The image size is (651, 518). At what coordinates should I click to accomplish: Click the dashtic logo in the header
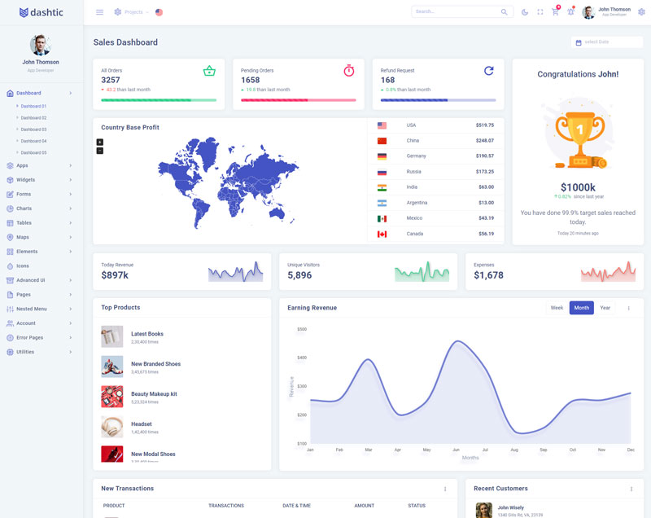pos(42,12)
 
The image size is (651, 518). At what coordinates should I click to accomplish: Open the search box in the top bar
pos(456,12)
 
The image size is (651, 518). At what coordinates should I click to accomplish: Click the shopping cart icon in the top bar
pos(555,12)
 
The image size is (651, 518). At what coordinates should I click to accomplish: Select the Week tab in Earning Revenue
pos(557,308)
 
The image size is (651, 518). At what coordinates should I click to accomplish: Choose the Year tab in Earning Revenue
pos(605,308)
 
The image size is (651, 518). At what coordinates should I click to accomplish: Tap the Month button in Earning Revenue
pos(581,308)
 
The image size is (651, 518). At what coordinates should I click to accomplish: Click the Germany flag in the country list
pos(382,156)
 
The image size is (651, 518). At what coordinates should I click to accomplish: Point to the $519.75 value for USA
pos(485,125)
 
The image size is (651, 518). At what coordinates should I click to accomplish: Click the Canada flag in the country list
pos(382,234)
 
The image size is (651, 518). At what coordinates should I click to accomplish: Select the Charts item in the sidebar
pos(24,209)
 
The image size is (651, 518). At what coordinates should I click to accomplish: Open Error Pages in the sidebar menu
pos(29,337)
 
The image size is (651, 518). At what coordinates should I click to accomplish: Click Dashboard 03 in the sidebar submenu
pos(33,129)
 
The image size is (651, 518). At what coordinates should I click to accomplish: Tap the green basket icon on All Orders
pos(209,71)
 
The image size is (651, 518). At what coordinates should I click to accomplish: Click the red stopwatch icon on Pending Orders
pos(349,71)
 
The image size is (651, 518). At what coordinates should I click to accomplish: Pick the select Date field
pos(606,42)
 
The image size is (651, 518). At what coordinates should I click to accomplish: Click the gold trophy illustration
pos(577,133)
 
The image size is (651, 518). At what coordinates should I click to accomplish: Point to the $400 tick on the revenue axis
pos(302,358)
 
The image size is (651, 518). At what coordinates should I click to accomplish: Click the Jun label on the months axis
pos(456,450)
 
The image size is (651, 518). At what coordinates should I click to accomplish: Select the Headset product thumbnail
pos(112,427)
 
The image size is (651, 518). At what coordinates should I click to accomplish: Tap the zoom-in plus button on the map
pos(100,142)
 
